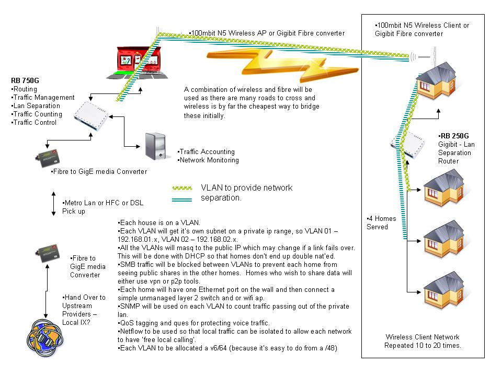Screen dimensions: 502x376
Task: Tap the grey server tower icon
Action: coord(156,146)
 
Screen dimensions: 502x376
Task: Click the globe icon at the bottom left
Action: coord(45,338)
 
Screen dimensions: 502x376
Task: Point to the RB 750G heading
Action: coord(25,80)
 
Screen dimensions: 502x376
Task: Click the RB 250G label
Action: coord(453,136)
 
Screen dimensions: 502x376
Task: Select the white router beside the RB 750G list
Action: coord(91,115)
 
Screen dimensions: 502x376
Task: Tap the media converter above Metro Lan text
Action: coord(48,158)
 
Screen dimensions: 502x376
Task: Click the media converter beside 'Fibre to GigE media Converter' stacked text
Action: coord(48,254)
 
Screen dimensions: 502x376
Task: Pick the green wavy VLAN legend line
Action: coord(182,188)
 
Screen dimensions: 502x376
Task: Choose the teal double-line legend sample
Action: coord(182,200)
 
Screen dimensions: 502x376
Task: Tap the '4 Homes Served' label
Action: coord(381,223)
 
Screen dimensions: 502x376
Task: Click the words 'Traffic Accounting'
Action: coord(207,152)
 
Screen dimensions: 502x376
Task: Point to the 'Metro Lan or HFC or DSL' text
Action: coord(103,203)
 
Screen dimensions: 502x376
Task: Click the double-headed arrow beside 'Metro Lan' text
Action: coord(53,204)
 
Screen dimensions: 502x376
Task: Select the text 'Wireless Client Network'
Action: coord(423,337)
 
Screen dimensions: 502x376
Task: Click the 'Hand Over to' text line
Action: coord(84,298)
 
